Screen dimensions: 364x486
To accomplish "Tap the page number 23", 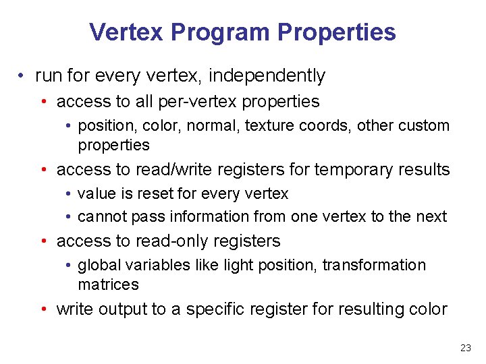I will tap(465, 348).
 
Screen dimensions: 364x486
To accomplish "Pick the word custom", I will tap(425, 125).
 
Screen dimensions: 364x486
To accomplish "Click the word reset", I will tap(155, 193).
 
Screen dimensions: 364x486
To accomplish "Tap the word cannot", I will tap(101, 216).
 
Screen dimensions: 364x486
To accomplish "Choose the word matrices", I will tap(108, 284).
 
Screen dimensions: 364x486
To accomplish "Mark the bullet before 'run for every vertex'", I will tap(24, 76).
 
